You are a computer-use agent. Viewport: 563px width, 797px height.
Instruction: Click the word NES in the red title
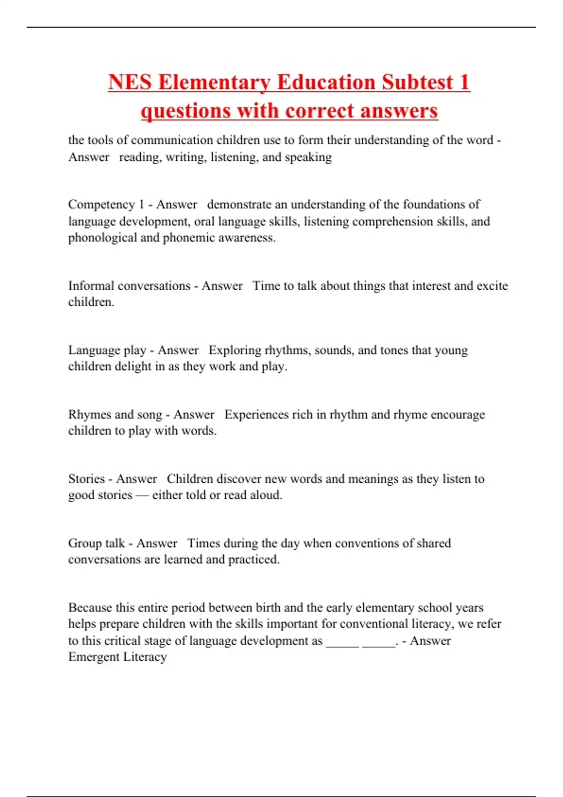130,83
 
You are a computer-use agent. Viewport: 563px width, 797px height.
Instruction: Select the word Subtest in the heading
418,83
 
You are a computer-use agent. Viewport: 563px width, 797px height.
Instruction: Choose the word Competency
101,205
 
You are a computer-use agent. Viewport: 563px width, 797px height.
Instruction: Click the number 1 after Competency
141,204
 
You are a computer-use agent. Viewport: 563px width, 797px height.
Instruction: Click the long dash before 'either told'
142,495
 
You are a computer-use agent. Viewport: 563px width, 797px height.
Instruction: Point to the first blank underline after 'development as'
342,645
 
